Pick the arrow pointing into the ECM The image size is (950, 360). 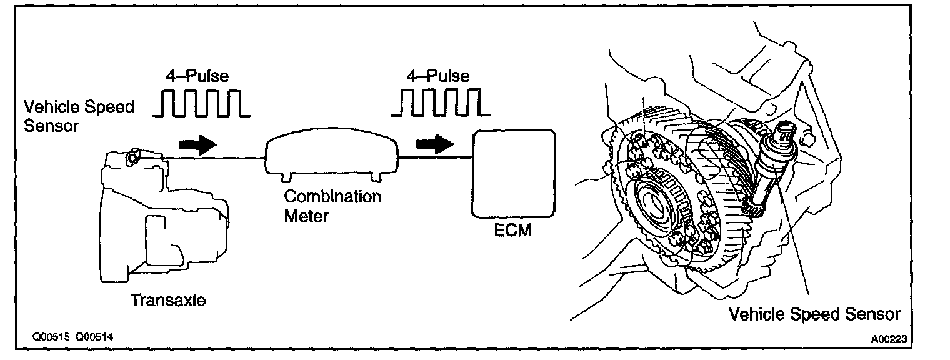(x=435, y=145)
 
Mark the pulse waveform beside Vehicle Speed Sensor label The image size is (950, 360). (x=201, y=103)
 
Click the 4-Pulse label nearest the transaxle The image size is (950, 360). (x=197, y=76)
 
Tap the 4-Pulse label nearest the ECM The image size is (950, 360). (x=437, y=76)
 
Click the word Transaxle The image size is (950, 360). (x=167, y=300)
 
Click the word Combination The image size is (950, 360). (x=332, y=196)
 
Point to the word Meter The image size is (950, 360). (x=306, y=216)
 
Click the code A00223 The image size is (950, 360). (x=888, y=338)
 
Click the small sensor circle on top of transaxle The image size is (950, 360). (x=132, y=158)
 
